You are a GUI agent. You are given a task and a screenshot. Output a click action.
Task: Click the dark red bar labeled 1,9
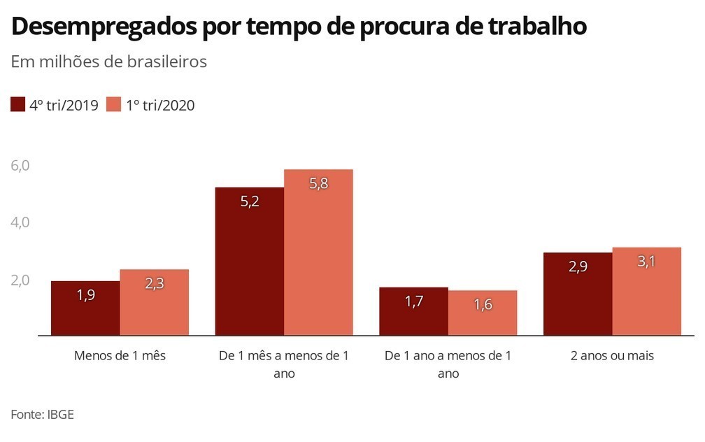tap(85, 308)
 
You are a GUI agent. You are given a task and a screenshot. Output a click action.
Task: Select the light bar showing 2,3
tap(154, 302)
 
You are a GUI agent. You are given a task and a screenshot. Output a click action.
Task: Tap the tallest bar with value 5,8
tap(318, 252)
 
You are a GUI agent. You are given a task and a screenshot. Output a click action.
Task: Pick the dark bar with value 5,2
tap(250, 261)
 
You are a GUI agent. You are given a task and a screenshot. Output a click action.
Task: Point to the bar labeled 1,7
tap(413, 311)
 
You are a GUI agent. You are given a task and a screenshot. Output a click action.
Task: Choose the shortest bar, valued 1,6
tap(483, 313)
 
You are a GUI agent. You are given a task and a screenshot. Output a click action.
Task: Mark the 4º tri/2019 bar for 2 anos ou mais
tap(578, 294)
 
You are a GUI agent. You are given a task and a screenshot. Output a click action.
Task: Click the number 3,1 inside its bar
tap(646, 264)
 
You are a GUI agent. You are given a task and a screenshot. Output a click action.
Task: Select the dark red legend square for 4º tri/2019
tap(17, 105)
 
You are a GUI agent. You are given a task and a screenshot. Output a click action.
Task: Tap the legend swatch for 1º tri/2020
tap(114, 105)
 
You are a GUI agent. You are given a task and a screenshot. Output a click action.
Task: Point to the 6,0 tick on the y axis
tap(20, 166)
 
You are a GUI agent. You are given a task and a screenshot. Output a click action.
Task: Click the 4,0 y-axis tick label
tap(20, 222)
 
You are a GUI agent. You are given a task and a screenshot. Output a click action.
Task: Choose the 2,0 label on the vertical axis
tap(20, 280)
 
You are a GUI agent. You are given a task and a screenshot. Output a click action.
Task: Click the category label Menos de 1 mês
tap(120, 355)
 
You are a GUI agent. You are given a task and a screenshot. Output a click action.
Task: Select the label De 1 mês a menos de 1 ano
tap(284, 364)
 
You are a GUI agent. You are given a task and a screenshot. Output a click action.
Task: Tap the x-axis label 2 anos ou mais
tap(612, 355)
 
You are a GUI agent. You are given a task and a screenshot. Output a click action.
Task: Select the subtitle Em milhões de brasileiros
tap(108, 62)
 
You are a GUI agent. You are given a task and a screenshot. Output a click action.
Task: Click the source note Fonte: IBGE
tap(42, 414)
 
